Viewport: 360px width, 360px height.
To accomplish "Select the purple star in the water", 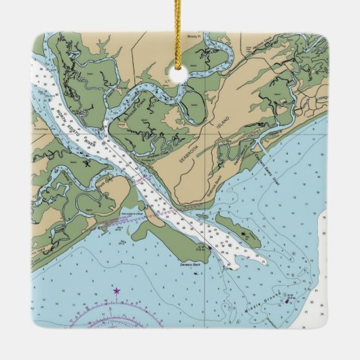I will point(116,291).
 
